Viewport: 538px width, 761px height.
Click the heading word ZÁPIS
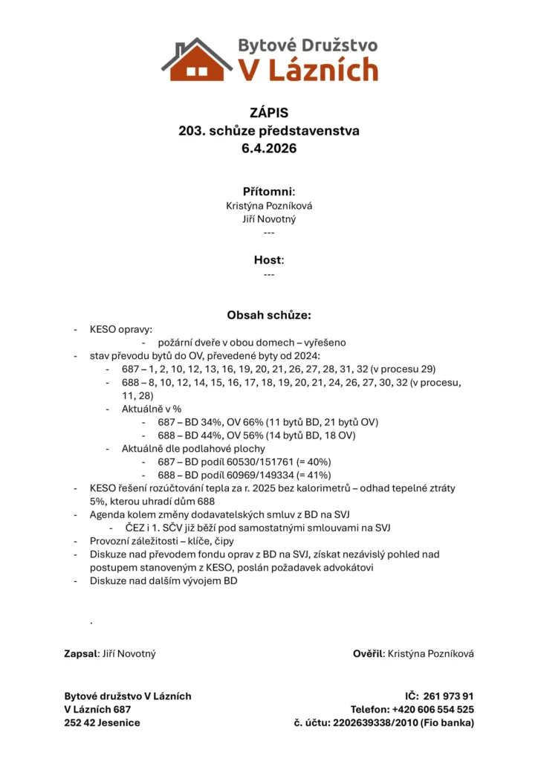269,113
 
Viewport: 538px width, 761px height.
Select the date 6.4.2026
269,149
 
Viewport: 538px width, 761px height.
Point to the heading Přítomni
268,191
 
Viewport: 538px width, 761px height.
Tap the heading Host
268,260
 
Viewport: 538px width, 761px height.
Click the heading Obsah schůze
269,315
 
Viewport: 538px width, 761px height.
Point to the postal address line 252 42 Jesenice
102,722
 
